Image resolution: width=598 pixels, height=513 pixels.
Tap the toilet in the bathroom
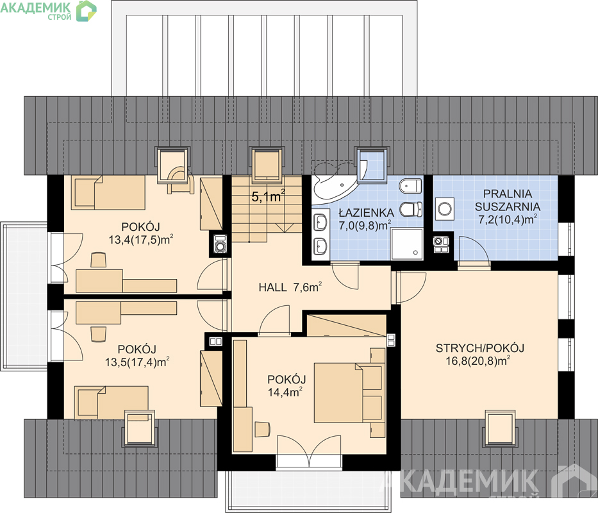pyautogui.click(x=411, y=209)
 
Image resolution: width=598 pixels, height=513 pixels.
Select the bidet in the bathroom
pyautogui.click(x=411, y=186)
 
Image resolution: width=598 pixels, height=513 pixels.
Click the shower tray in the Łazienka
pyautogui.click(x=407, y=244)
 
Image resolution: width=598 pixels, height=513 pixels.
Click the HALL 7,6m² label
pyautogui.click(x=290, y=287)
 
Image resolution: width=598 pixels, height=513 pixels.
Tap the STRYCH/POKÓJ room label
pyautogui.click(x=480, y=348)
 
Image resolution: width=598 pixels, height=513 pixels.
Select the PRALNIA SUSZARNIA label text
pyautogui.click(x=508, y=200)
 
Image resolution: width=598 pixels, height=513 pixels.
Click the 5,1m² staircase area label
pyautogui.click(x=269, y=197)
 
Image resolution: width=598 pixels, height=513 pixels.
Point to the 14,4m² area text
pyautogui.click(x=286, y=391)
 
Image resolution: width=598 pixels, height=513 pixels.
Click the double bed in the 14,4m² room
pyautogui.click(x=349, y=392)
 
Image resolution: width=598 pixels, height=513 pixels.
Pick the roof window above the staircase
pyautogui.click(x=267, y=163)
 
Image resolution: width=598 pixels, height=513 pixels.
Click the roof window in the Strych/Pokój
pyautogui.click(x=501, y=428)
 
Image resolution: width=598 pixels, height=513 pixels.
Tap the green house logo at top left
pyautogui.click(x=86, y=11)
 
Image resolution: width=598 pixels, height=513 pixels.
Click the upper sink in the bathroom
pyautogui.click(x=320, y=222)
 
